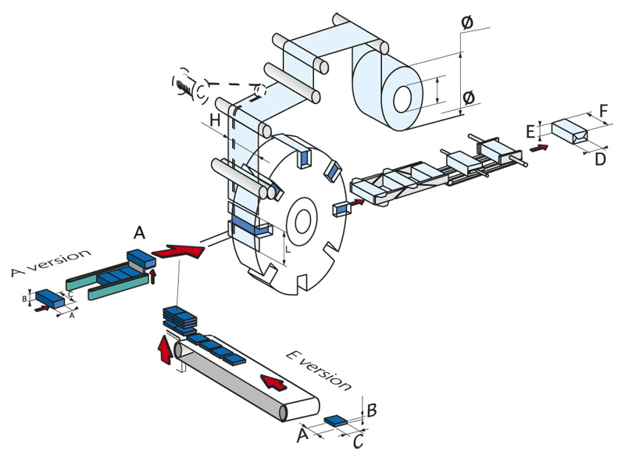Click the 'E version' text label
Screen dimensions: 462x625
319,370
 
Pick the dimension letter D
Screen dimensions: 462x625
599,159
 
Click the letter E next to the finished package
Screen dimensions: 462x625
531,130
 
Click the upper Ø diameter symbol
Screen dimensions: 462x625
466,23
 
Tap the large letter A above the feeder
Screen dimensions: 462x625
139,231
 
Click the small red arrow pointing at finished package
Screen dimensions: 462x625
538,145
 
